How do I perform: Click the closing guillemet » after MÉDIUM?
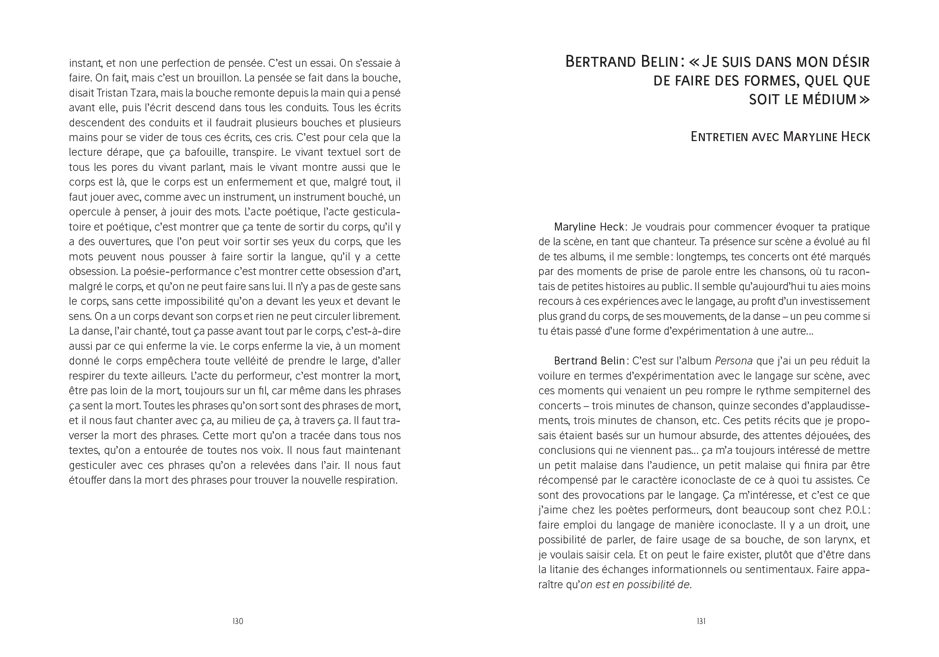(865, 100)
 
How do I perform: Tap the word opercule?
(88, 212)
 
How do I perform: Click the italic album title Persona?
(734, 361)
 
